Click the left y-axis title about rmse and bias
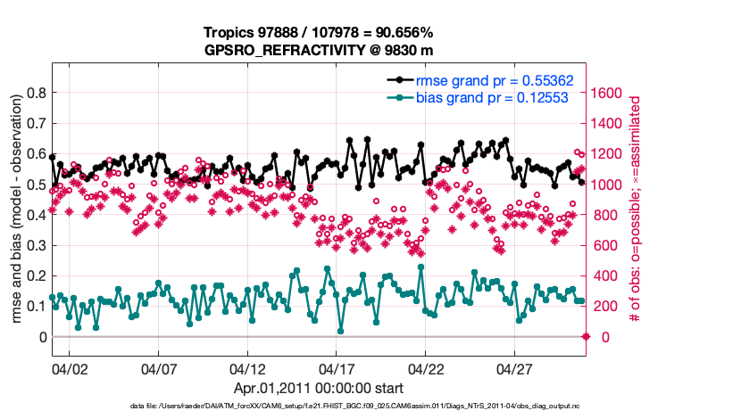(x=16, y=210)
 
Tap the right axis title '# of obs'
(x=636, y=210)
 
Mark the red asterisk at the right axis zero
(x=587, y=336)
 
